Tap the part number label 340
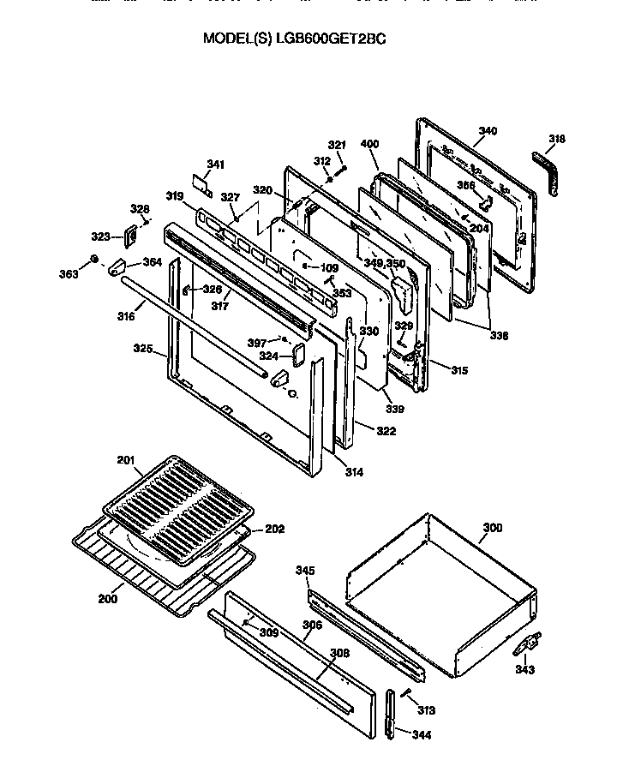tap(487, 131)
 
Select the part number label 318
tap(556, 139)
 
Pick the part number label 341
tap(215, 164)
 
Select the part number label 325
tap(143, 349)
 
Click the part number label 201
tap(126, 461)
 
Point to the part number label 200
tap(107, 598)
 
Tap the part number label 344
tap(421, 734)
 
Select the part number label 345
tap(305, 570)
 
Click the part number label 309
tap(269, 632)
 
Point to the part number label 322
tap(386, 431)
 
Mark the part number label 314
tap(354, 472)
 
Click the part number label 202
tap(274, 529)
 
